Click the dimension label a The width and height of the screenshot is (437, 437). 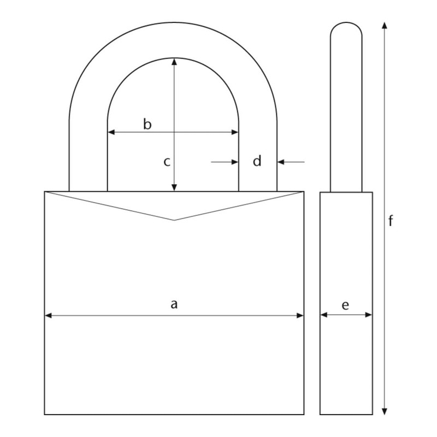click(174, 304)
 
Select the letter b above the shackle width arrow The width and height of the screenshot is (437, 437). click(147, 124)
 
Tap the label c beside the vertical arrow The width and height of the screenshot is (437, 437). click(168, 162)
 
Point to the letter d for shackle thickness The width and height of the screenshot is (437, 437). click(257, 161)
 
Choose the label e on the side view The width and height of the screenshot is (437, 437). click(345, 305)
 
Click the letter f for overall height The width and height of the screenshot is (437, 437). click(391, 221)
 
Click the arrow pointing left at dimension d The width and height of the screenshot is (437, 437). click(282, 162)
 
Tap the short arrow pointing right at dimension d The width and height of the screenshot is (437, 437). click(235, 162)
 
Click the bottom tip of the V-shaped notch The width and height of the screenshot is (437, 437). click(174, 220)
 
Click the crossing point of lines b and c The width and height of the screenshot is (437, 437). click(174, 132)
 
